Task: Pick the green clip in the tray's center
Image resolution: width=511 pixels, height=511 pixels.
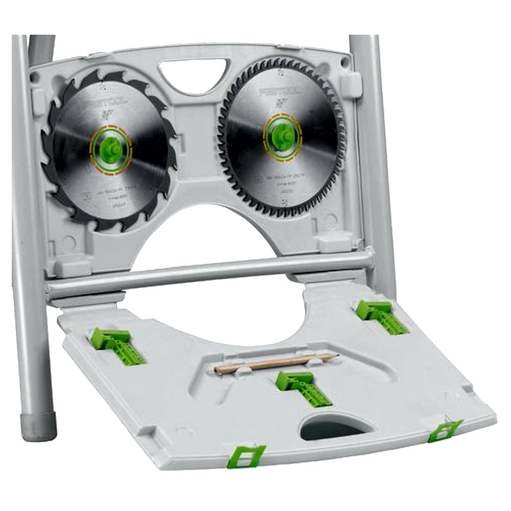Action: [x=301, y=387]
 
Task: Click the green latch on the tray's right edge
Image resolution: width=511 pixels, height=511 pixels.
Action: [x=445, y=430]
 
